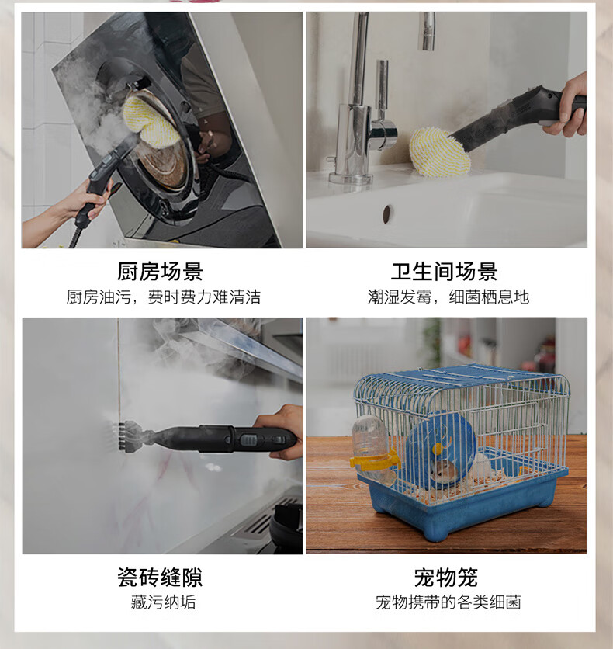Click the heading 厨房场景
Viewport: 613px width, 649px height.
click(x=160, y=272)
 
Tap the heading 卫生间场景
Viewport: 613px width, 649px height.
click(x=445, y=272)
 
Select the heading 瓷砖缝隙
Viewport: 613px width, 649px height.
click(x=160, y=577)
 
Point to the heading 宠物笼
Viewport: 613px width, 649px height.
click(x=446, y=577)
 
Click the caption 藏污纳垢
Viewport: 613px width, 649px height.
click(x=163, y=602)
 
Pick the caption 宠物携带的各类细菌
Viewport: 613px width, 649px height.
click(x=448, y=602)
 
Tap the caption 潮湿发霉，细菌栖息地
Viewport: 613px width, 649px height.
click(x=448, y=297)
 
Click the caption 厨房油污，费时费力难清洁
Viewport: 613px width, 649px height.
click(x=164, y=297)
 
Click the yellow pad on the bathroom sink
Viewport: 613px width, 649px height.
click(x=440, y=151)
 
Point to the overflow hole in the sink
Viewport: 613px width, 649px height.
click(x=386, y=214)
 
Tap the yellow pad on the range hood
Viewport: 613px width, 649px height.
click(x=151, y=120)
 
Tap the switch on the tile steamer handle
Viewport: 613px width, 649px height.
click(x=248, y=440)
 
